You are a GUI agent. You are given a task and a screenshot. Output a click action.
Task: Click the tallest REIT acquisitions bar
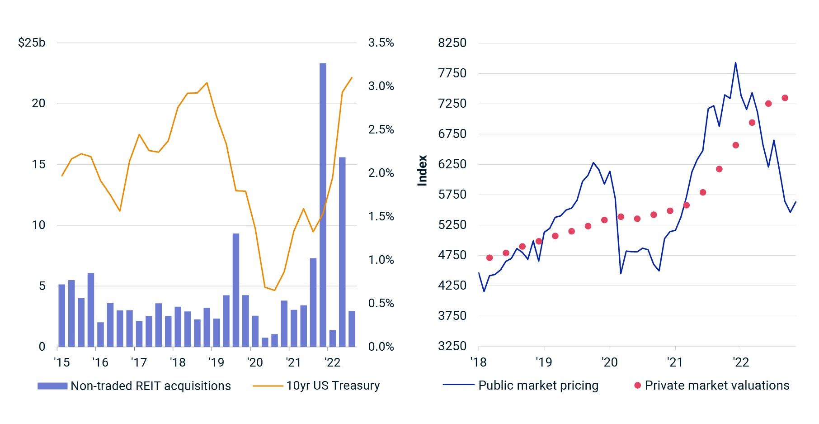323,204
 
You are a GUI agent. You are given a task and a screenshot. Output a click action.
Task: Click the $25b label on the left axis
32,43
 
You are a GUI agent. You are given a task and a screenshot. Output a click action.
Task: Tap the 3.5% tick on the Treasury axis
381,43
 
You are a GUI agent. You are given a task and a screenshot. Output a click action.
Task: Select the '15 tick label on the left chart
61,362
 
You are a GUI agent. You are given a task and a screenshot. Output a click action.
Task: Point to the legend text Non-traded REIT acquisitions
151,386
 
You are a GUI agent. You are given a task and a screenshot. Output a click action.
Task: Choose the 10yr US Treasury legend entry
333,386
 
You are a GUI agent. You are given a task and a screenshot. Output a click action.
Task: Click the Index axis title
422,171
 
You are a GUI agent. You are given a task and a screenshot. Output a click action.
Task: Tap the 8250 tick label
452,43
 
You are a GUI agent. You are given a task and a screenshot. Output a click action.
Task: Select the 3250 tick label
452,346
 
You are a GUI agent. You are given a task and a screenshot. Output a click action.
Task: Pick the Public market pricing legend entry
538,386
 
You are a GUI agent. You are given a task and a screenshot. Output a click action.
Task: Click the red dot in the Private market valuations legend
637,386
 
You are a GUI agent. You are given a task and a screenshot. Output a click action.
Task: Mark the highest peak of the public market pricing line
735,63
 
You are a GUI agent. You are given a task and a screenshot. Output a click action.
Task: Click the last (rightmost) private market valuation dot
785,98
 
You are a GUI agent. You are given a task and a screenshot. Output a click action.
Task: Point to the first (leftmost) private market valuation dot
490,258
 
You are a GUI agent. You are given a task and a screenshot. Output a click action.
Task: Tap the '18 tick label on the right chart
478,362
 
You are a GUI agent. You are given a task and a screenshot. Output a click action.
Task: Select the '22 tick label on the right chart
740,362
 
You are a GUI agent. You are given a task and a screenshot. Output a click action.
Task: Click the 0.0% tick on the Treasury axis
381,347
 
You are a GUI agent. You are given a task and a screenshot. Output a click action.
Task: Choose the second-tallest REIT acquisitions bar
342,252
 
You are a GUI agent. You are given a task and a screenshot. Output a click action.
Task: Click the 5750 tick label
452,195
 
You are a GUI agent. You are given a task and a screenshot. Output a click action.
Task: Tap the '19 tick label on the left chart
216,362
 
